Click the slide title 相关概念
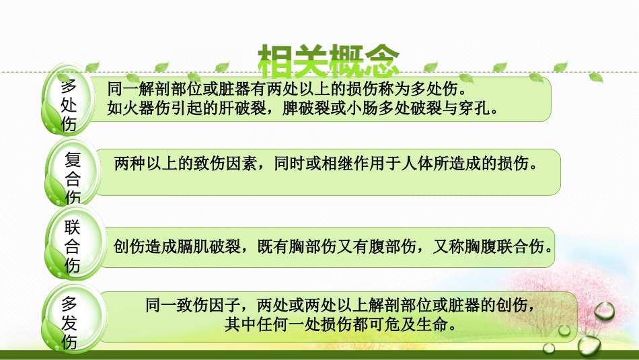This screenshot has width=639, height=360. (x=329, y=61)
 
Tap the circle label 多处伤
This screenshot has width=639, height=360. (x=69, y=106)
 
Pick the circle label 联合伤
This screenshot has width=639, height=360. (x=73, y=246)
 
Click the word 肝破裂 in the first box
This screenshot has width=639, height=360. (x=242, y=107)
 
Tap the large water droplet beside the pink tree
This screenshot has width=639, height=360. (x=604, y=311)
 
